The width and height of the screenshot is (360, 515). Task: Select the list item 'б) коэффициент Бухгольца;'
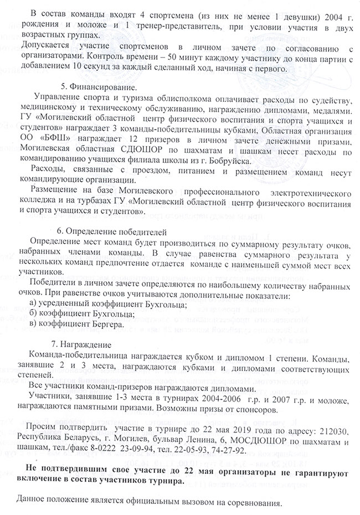click(80, 313)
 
